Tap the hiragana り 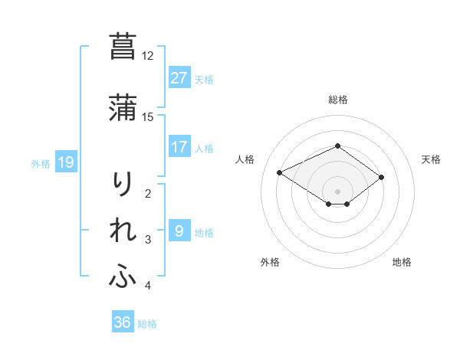tap(123, 184)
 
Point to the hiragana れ tap(123, 230)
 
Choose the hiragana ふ tap(123, 276)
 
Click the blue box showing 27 tap(179, 78)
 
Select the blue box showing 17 tap(179, 147)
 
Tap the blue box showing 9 tap(179, 231)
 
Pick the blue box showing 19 tap(66, 162)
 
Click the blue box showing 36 tap(123, 322)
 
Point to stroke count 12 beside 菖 tap(148, 56)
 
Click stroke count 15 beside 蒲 tap(148, 116)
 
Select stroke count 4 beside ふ tap(148, 286)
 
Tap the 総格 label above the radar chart tap(337, 100)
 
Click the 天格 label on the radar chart tap(432, 159)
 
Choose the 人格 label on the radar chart tap(245, 159)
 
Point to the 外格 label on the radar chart tap(270, 263)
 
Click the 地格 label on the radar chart tap(402, 263)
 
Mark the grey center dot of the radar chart tap(338, 191)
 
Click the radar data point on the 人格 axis tap(280, 172)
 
